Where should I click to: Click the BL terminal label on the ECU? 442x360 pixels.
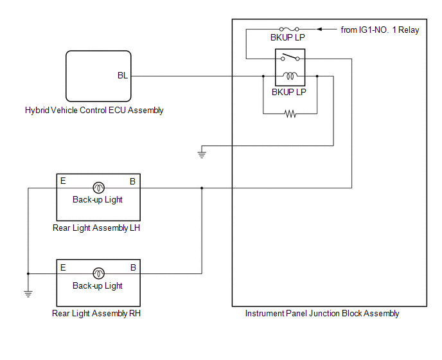pyautogui.click(x=123, y=75)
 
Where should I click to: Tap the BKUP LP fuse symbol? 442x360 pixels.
pyautogui.click(x=289, y=29)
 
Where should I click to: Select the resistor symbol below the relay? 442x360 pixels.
pyautogui.click(x=290, y=114)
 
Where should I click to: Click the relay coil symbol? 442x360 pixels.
pyautogui.click(x=290, y=76)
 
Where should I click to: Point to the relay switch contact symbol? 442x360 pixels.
pyautogui.click(x=290, y=57)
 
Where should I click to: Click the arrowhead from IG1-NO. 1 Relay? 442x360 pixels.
pyautogui.click(x=319, y=29)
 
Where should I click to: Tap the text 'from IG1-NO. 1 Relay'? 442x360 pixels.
pyautogui.click(x=380, y=30)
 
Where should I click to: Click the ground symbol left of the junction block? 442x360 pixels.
pyautogui.click(x=202, y=155)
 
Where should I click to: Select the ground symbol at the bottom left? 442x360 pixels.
pyautogui.click(x=28, y=294)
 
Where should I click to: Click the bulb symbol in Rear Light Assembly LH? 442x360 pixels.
pyautogui.click(x=98, y=188)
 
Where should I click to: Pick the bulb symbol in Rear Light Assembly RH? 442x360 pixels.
pyautogui.click(x=98, y=273)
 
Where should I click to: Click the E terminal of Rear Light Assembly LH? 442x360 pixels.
pyautogui.click(x=63, y=181)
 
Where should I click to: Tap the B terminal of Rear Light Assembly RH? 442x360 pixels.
pyautogui.click(x=133, y=267)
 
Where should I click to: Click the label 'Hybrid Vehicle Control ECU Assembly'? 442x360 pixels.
pyautogui.click(x=94, y=110)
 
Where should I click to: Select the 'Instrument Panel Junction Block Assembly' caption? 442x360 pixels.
pyautogui.click(x=322, y=314)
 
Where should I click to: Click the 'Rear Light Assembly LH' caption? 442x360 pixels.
pyautogui.click(x=96, y=228)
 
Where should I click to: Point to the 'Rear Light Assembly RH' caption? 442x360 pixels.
pyautogui.click(x=96, y=314)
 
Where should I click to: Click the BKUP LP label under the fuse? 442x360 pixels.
pyautogui.click(x=288, y=37)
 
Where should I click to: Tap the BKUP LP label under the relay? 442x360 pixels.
pyautogui.click(x=288, y=92)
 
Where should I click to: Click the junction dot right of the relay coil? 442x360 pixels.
pyautogui.click(x=317, y=76)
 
